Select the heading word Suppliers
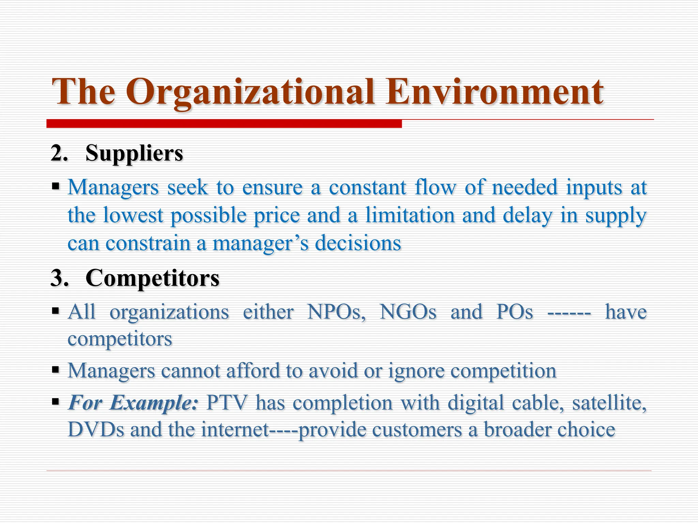(134, 153)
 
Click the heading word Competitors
(152, 278)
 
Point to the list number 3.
(59, 278)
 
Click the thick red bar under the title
(224, 124)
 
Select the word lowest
(133, 215)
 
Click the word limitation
(410, 215)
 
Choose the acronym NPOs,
(336, 312)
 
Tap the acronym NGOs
(408, 312)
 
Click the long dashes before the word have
(569, 312)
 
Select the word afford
(253, 370)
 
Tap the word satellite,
(609, 402)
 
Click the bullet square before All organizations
(56, 311)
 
